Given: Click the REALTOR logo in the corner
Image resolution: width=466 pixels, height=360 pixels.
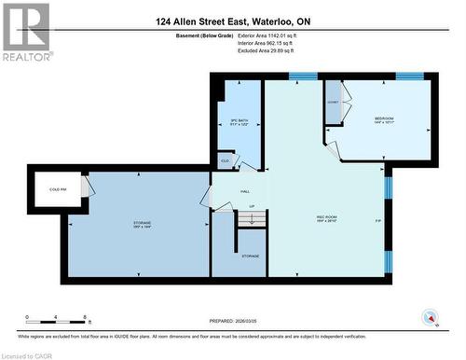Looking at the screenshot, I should point(25,32).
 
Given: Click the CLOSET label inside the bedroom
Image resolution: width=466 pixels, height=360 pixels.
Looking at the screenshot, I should point(333,101).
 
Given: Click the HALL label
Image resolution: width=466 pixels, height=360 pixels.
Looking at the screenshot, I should point(245,191).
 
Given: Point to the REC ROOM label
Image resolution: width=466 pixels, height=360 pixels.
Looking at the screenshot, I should point(326,218).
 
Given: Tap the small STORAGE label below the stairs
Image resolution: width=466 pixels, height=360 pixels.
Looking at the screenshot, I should point(251,256).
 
